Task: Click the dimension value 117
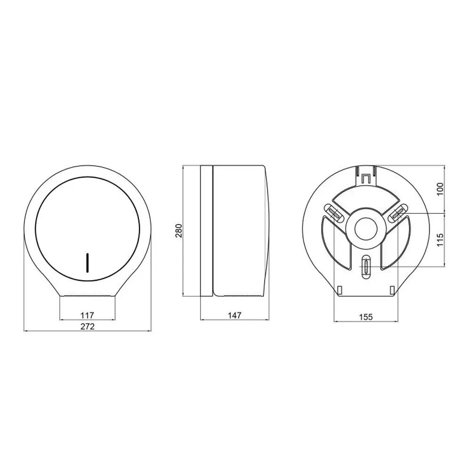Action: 88,316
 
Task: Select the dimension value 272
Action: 88,326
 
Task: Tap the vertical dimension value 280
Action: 179,231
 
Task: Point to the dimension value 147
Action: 235,316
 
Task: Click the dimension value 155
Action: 366,317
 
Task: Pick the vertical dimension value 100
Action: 440,189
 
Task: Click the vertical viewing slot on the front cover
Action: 88,263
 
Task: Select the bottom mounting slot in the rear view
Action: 366,267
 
